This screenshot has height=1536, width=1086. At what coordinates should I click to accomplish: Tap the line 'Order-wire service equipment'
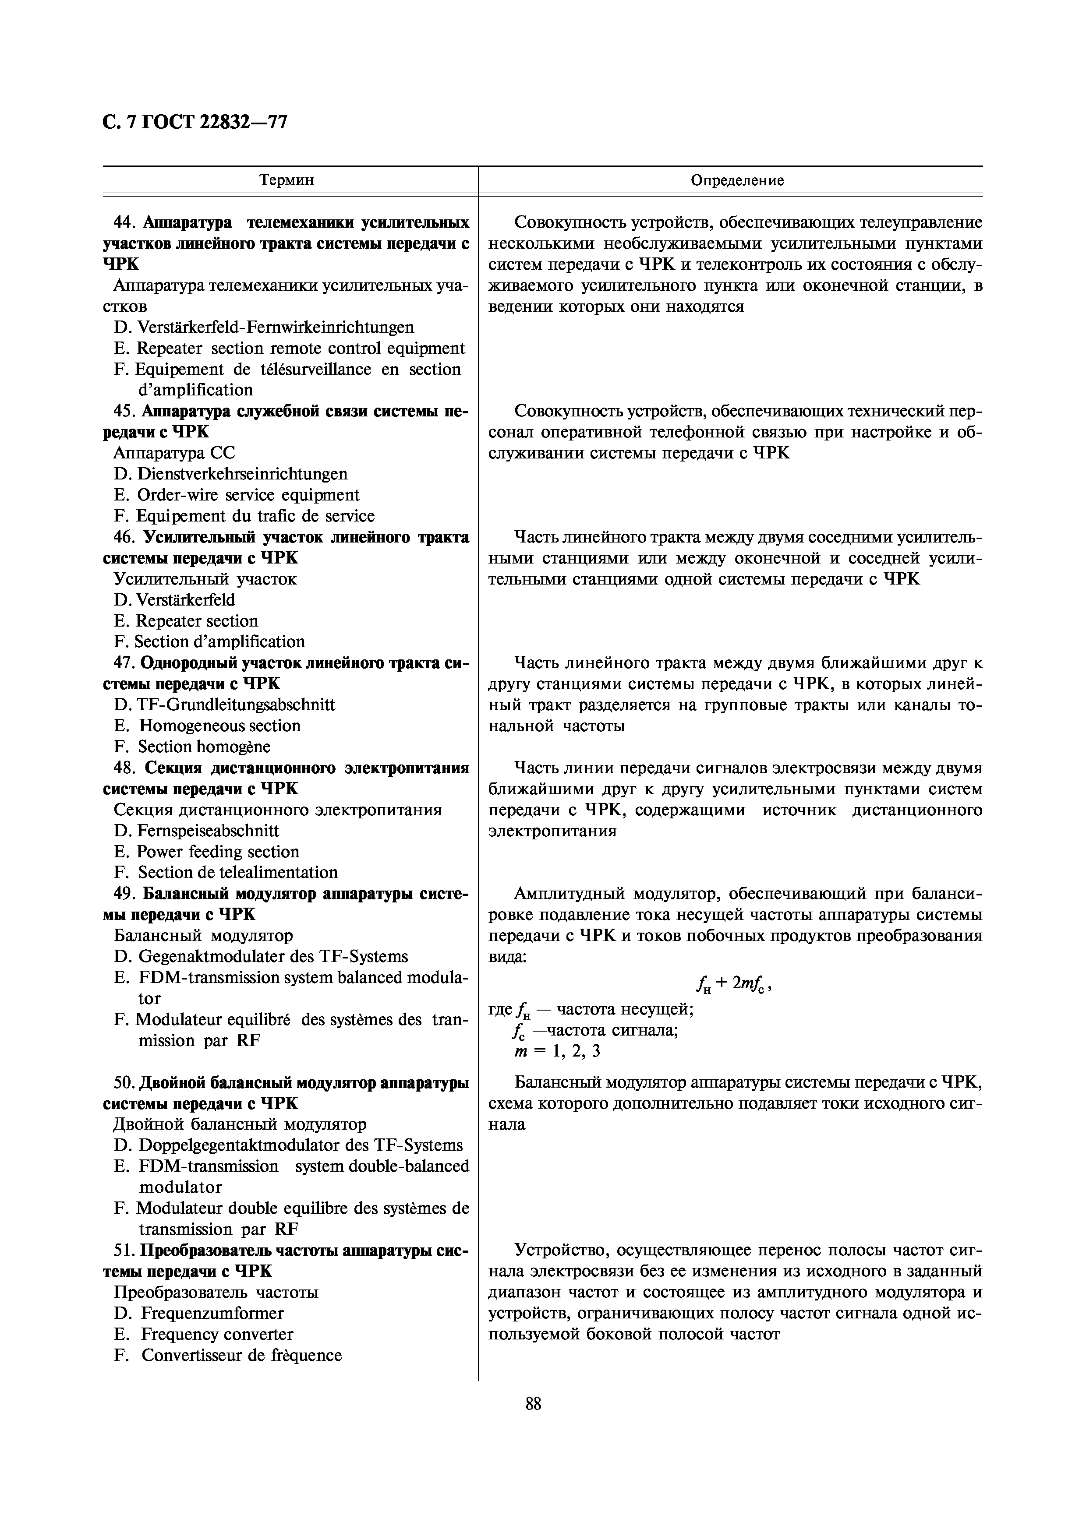pos(248,495)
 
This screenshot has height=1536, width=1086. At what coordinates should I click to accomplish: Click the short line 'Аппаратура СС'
pos(174,453)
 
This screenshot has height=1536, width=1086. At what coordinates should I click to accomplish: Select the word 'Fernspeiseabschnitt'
pos(207,830)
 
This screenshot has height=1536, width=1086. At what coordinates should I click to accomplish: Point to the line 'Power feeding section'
pos(217,852)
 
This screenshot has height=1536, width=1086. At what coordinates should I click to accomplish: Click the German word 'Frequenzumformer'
pos(212,1313)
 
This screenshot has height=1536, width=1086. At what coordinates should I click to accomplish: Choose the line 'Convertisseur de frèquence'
pos(241,1355)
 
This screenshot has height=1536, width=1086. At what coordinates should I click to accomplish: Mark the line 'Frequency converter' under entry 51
pos(217,1334)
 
